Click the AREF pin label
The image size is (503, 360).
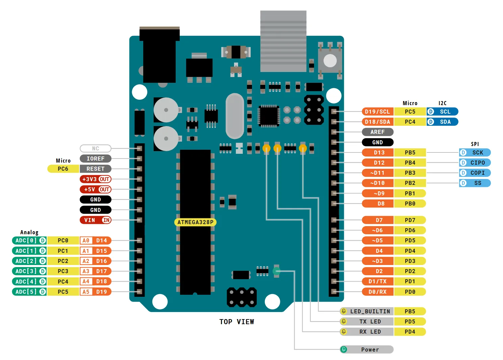[377, 132]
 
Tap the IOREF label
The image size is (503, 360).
[96, 159]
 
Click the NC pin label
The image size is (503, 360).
[96, 148]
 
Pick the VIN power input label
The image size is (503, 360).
[96, 220]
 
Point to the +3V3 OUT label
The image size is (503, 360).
[96, 179]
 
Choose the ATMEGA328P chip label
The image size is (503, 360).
[195, 222]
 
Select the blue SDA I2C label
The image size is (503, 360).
[443, 122]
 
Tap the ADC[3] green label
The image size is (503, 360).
[29, 271]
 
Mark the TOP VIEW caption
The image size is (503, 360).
[237, 322]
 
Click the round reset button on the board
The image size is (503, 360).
[330, 61]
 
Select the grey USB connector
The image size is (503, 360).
[283, 41]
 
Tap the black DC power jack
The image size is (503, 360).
[159, 55]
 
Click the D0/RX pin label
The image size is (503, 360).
[378, 292]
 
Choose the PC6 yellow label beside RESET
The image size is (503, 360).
[63, 169]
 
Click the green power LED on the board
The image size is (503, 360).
[276, 271]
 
